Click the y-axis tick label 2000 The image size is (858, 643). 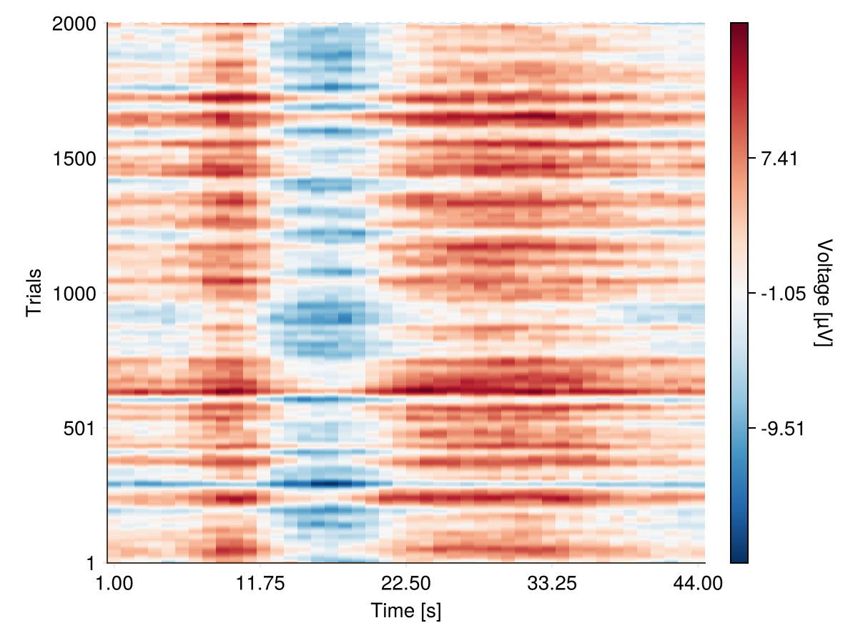pos(74,24)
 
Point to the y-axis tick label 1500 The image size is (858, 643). pos(74,158)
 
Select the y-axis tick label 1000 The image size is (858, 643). pos(74,293)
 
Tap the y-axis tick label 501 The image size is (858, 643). pos(81,428)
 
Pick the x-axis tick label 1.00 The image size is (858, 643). pos(114,584)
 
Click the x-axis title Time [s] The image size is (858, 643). pos(405,611)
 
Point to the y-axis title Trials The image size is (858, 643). pos(34,293)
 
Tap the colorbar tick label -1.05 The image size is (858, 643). pos(782,293)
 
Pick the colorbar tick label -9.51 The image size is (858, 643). pos(782,428)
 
